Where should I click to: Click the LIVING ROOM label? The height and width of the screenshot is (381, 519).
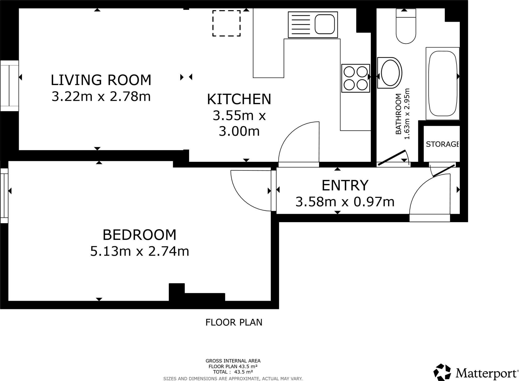[x=101, y=80]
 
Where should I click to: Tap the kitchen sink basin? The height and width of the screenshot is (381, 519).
[x=325, y=24]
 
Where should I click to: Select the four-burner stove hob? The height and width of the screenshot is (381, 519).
[x=356, y=78]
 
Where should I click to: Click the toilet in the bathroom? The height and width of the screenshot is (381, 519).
[x=406, y=28]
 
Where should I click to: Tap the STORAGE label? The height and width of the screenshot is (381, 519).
[x=442, y=144]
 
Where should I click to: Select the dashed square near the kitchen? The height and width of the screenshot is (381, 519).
[x=226, y=23]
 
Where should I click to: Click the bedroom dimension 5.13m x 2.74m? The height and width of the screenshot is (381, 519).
[x=140, y=252]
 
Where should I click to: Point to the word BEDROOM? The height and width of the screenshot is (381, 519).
[x=139, y=235]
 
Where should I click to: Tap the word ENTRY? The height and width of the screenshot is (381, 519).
[x=345, y=185]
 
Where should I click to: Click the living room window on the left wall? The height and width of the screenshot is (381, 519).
[x=9, y=86]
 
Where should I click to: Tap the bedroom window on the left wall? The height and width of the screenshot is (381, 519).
[x=4, y=195]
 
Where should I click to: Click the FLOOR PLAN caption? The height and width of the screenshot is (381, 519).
[x=234, y=322]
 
